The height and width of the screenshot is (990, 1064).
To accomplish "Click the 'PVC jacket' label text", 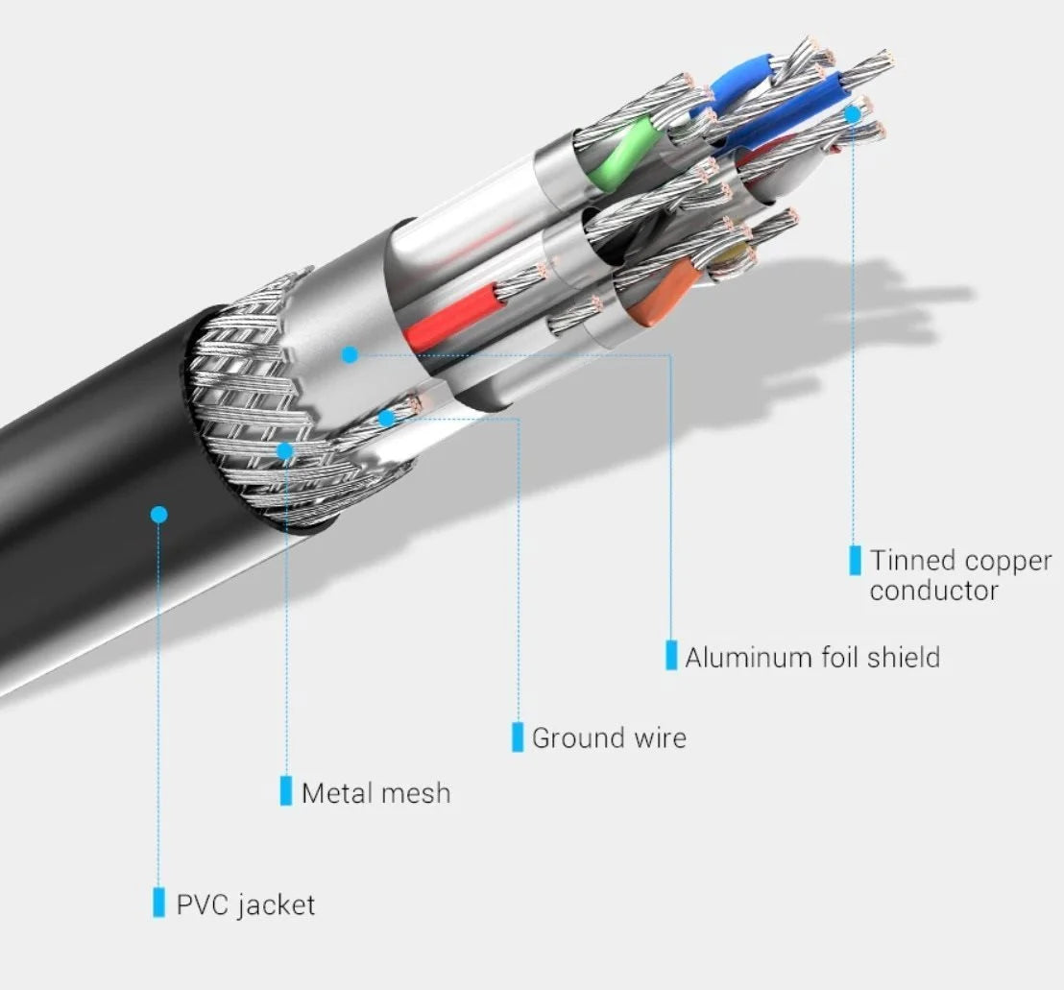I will (245, 905).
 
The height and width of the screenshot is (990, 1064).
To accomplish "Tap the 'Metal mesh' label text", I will (375, 793).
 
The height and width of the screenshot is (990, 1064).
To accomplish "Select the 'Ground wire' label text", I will (609, 738).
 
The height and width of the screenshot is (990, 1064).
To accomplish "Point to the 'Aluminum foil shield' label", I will (811, 658).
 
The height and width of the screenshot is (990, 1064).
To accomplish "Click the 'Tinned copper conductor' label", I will (960, 574).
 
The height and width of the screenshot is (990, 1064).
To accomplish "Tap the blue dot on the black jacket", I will (159, 515).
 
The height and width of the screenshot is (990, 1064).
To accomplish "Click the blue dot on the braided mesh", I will (285, 449).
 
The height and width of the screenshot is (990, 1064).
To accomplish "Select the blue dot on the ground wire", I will (386, 418).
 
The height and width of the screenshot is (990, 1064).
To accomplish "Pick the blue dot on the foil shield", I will (350, 354).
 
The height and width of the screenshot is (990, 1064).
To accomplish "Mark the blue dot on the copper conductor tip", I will (852, 113).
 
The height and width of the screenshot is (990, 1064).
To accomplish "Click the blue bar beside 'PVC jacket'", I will (158, 903).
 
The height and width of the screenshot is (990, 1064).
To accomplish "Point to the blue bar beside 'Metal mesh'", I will (285, 791).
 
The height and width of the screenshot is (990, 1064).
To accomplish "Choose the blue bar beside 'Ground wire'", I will (518, 736).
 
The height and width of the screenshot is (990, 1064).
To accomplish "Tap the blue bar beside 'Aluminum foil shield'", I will (671, 655).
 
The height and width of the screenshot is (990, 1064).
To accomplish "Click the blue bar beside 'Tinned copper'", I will (855, 560).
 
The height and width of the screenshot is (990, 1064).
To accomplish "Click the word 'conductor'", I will (933, 591).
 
